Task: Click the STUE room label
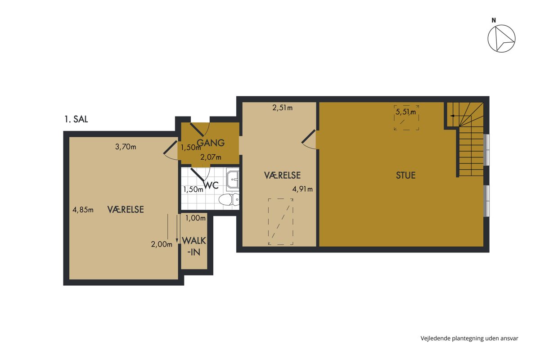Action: coord(406,175)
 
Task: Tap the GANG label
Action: coord(211,143)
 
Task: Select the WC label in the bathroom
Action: coord(211,185)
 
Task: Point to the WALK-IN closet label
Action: coord(194,246)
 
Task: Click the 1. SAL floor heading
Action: coord(76,119)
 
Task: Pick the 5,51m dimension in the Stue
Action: coord(406,112)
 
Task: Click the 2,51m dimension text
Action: coord(282,108)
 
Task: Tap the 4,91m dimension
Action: coord(302,189)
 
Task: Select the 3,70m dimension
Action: coord(126,147)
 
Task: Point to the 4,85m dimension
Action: coord(83,210)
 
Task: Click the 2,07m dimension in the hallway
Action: coord(211,157)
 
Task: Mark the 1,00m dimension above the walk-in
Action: coord(195,218)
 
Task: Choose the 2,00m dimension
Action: coord(162,244)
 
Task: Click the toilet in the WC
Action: coord(229,200)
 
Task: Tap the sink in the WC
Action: coord(233,180)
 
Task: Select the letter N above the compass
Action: coord(494,21)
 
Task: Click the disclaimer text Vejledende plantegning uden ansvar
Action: coord(469,338)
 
